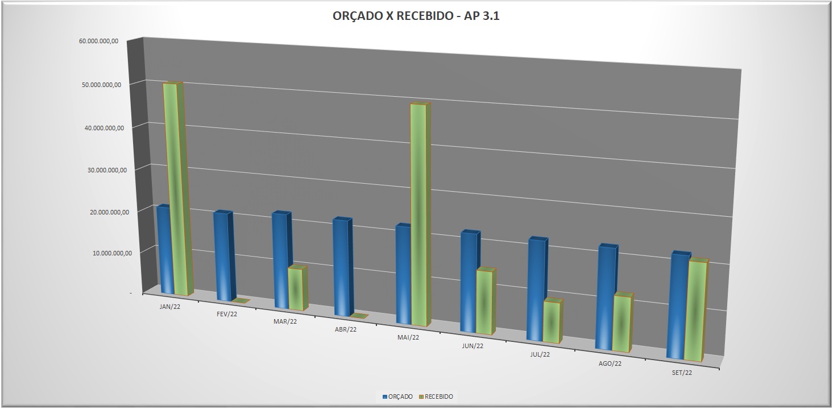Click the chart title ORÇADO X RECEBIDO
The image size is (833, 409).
click(416, 16)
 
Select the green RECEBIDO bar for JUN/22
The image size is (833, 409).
click(484, 301)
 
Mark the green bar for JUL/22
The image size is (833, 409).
click(552, 321)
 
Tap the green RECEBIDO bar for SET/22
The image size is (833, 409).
click(694, 311)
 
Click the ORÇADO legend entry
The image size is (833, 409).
click(397, 396)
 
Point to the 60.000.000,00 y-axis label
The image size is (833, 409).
click(99, 41)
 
